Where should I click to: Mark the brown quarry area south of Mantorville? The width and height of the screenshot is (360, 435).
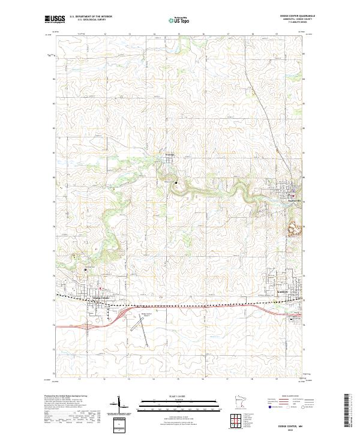(292, 228)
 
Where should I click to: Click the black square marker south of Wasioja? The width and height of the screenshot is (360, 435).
(176, 182)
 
